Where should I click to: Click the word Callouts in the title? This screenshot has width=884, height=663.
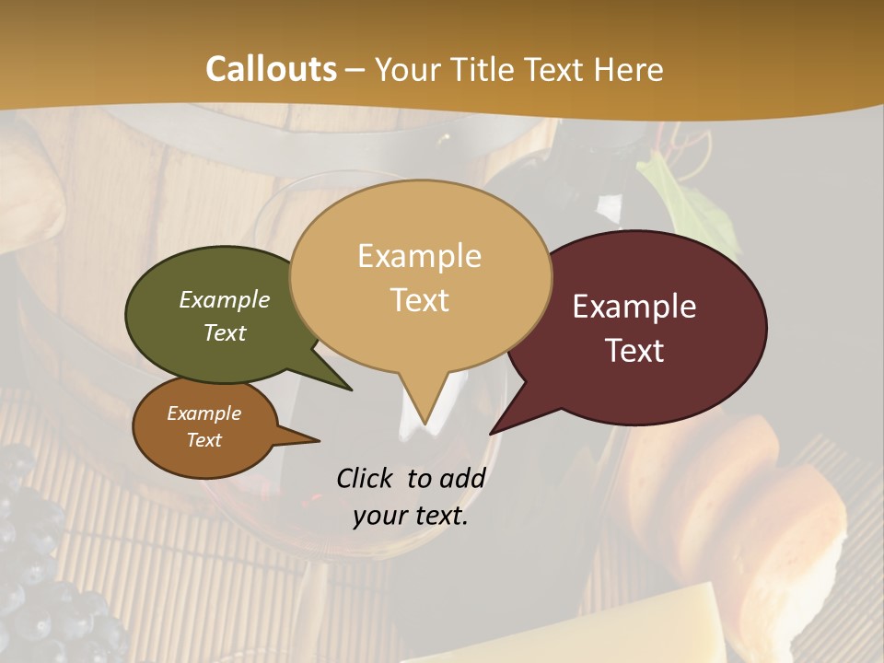click(x=271, y=69)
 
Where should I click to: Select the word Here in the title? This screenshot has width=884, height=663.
click(x=628, y=70)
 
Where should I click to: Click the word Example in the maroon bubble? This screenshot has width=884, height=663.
click(x=634, y=307)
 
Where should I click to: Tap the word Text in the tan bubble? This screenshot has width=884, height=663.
click(x=420, y=300)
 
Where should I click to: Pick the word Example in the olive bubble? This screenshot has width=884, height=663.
click(x=225, y=300)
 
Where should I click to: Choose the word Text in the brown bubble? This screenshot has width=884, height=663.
click(x=204, y=440)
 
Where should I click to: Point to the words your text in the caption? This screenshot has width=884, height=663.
click(x=411, y=517)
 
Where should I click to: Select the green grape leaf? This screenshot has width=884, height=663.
click(x=686, y=198)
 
